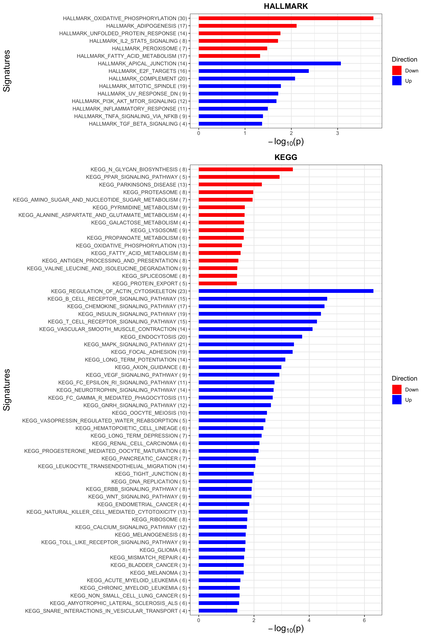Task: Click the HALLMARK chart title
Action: (286, 6)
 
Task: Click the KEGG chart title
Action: (286, 157)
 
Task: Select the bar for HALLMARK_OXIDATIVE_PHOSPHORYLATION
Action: (286, 18)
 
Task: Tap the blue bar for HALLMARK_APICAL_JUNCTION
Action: (269, 64)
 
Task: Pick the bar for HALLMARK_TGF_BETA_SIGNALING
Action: (230, 124)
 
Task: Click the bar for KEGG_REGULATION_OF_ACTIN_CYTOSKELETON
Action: (286, 291)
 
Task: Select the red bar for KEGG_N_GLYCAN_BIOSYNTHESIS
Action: (245, 169)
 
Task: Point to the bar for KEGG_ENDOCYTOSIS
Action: (250, 337)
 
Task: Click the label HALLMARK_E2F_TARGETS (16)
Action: (148, 71)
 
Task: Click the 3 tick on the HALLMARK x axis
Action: (337, 133)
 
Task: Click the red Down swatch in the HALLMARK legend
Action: (396, 70)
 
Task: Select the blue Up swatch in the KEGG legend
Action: (396, 400)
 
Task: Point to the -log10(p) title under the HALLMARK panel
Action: (286, 142)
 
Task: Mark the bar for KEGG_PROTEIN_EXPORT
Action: (218, 284)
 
